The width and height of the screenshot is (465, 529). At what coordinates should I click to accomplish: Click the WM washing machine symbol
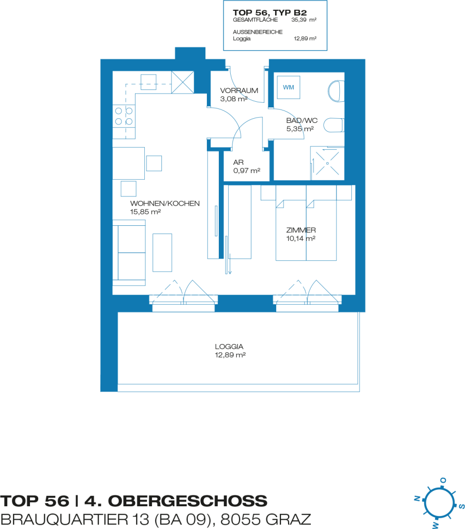pos(289,87)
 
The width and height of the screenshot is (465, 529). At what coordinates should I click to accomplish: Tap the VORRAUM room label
pos(239,90)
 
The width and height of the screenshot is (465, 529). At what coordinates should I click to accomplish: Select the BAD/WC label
pos(302,120)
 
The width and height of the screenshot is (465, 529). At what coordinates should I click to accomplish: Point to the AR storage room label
pos(238,162)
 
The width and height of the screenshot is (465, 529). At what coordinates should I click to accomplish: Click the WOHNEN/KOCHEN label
pos(165,204)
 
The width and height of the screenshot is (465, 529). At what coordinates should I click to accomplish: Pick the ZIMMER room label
pos(301,230)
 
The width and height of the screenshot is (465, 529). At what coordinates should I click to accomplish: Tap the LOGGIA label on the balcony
pos(229,347)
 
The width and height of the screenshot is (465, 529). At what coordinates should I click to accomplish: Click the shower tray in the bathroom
pos(327,163)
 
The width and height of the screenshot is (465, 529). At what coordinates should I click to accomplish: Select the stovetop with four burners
pos(124,116)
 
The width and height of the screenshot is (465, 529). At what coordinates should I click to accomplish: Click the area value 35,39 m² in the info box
pos(304,20)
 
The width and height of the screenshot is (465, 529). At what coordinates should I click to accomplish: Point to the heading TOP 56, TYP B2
pos(270,12)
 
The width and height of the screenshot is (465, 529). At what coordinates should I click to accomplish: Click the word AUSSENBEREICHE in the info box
pos(258,32)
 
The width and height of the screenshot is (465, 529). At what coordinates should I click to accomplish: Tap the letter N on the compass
pos(417,499)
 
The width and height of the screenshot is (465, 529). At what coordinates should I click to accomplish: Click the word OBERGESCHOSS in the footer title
pos(188,501)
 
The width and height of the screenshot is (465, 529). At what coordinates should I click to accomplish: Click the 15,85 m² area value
pos(145,212)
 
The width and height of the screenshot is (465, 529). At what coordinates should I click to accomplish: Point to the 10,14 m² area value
pos(301,239)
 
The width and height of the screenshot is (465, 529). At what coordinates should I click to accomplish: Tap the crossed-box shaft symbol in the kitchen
pos(183,82)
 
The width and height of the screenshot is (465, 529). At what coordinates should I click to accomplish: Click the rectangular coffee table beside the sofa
pos(162,253)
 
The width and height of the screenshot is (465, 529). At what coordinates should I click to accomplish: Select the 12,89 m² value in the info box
pos(305,38)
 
